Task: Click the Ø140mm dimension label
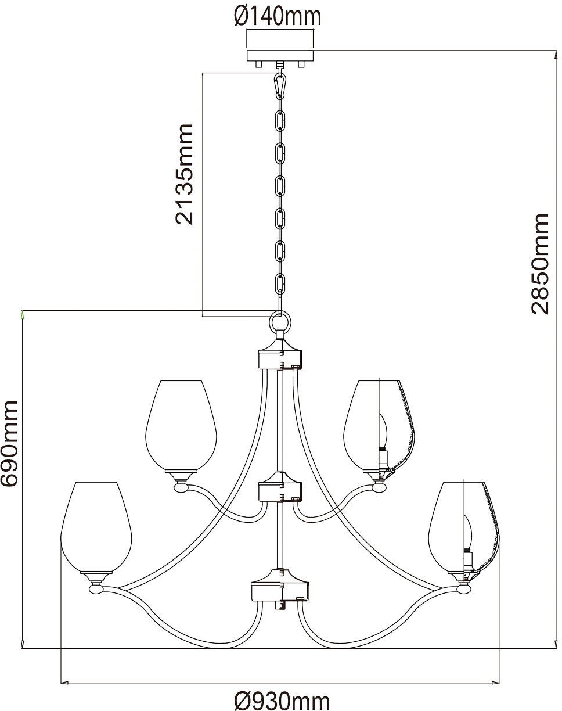click(278, 16)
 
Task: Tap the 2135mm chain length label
click(185, 174)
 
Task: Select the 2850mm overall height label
click(540, 264)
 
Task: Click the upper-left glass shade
click(181, 426)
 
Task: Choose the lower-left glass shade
click(96, 528)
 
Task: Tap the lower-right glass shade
click(464, 528)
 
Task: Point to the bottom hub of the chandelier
click(280, 587)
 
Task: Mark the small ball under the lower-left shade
click(96, 589)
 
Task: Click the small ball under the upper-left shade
click(181, 488)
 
